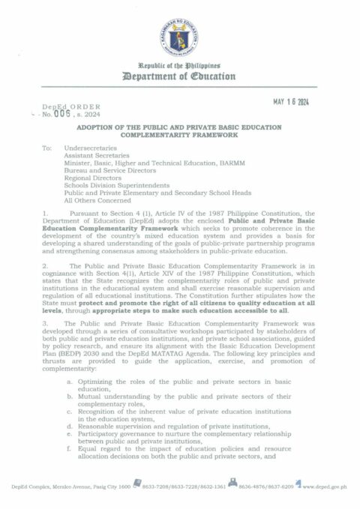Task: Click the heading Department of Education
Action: coord(179,77)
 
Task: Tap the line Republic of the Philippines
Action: coord(179,66)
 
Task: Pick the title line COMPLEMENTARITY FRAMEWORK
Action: coord(179,138)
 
